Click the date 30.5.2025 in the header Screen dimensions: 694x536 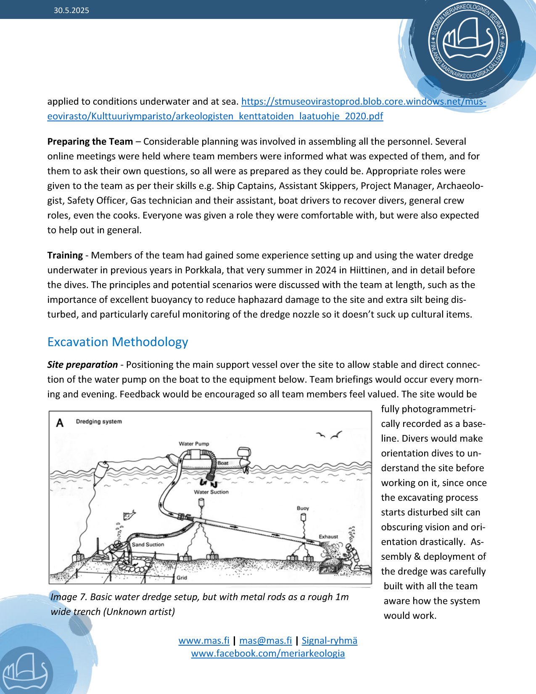coord(71,11)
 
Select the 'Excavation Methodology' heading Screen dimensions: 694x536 coord(118,342)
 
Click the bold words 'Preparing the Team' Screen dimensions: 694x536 coord(90,142)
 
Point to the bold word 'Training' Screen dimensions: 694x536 coord(65,255)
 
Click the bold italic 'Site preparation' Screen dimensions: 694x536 coord(82,365)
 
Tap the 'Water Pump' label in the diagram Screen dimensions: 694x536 coord(194,444)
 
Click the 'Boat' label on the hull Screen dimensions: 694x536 coord(223,463)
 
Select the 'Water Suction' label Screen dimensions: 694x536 coord(211,492)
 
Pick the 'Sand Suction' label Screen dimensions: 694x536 coord(148,545)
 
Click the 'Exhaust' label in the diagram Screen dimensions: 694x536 coord(328,537)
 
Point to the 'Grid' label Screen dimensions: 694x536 coord(182,578)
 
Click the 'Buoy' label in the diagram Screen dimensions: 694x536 coord(303,508)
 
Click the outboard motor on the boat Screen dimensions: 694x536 coord(245,456)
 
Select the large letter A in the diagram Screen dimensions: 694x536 coord(60,423)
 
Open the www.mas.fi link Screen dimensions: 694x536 coord(204,641)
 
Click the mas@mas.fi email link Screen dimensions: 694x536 coord(265,641)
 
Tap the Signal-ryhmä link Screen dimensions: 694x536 coord(330,641)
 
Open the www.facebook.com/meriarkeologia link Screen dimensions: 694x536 coord(268,654)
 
